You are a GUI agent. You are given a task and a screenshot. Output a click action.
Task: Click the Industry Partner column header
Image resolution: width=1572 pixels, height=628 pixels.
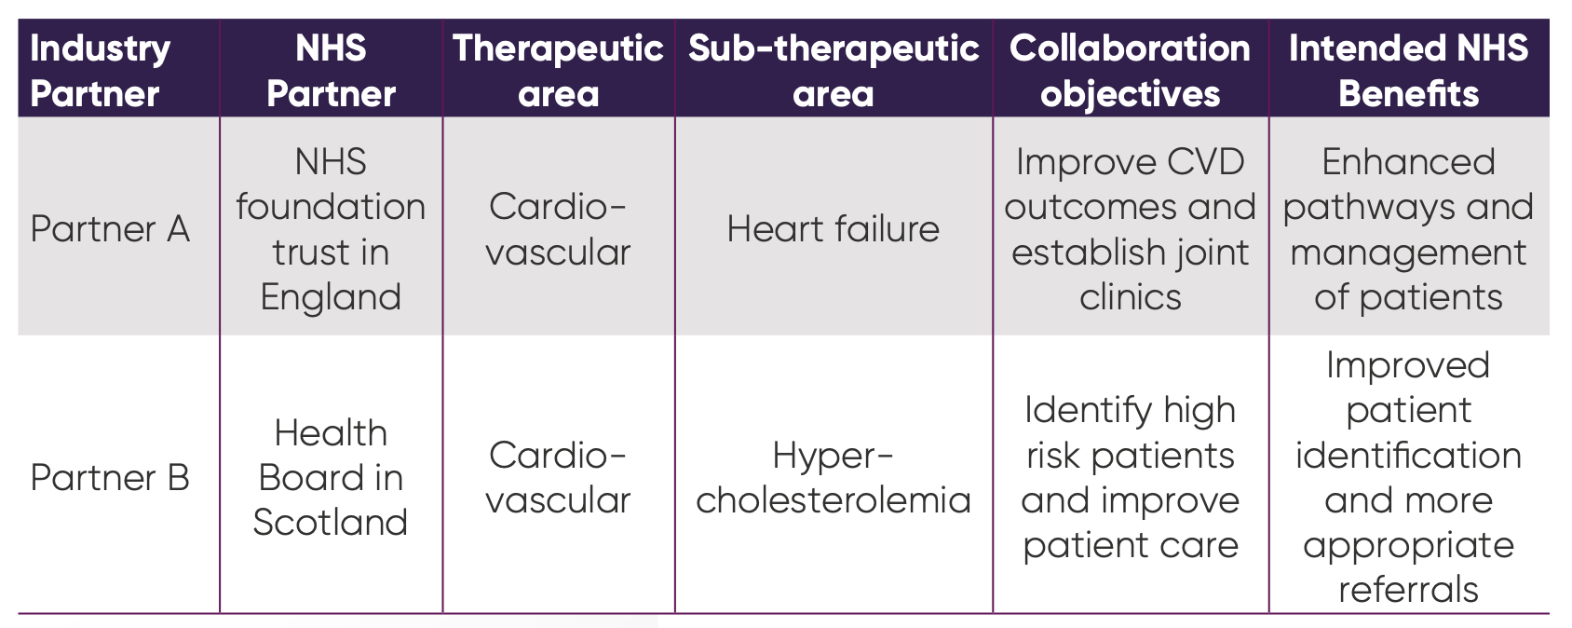click(x=100, y=70)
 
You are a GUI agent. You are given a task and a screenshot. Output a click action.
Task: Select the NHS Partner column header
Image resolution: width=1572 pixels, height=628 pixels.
click(x=331, y=70)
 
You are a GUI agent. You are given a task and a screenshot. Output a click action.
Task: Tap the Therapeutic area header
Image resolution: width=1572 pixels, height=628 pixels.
click(x=558, y=70)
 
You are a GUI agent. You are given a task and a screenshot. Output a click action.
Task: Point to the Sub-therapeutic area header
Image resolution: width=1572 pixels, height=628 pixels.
click(x=833, y=70)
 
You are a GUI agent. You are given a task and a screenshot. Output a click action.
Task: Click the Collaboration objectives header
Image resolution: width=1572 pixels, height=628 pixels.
click(x=1130, y=70)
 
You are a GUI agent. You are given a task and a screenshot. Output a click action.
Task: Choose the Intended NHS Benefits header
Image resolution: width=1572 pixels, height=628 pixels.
click(x=1408, y=70)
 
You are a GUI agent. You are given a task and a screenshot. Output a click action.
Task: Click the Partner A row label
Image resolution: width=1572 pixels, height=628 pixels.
click(x=110, y=229)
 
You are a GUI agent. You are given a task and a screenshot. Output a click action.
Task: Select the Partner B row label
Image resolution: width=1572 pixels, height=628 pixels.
click(x=110, y=478)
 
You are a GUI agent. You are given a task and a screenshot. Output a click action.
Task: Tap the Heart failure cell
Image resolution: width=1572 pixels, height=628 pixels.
click(x=833, y=229)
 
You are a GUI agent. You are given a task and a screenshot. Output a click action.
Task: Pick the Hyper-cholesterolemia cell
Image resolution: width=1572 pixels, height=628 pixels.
click(x=833, y=478)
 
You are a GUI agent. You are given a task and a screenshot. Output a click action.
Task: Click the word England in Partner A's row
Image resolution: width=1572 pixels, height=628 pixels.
click(x=331, y=298)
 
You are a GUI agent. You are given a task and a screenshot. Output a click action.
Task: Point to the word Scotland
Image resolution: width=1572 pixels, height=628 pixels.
click(x=331, y=522)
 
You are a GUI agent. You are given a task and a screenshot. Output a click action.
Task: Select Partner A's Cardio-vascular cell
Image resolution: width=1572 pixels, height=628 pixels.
click(x=558, y=229)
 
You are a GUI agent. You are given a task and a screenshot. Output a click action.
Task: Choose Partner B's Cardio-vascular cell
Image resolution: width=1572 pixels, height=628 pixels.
click(x=558, y=478)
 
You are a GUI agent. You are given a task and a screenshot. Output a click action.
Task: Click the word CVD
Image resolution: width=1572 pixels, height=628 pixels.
click(x=1205, y=162)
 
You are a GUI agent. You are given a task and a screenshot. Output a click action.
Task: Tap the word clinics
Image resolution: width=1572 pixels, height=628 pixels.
click(x=1130, y=297)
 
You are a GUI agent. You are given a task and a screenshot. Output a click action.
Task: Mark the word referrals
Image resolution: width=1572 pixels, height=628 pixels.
click(x=1408, y=590)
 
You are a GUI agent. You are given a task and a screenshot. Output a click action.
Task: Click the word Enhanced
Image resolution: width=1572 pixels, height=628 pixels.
click(x=1408, y=162)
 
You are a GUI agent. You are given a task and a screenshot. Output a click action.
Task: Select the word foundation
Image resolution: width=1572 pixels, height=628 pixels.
click(x=331, y=207)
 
